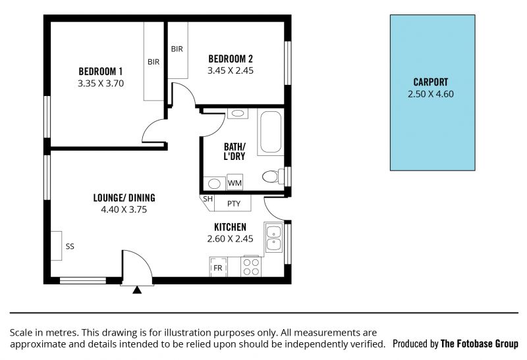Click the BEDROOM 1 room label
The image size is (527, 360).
coord(101,72)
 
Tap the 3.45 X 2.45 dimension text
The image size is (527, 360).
coord(230,70)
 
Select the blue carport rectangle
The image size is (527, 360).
coord(432,93)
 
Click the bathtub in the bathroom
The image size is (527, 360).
coord(271,132)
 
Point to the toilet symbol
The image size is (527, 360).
coord(273,176)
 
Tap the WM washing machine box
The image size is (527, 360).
coord(235,182)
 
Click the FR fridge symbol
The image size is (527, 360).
coord(218,267)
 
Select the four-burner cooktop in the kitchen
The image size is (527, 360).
coord(252,267)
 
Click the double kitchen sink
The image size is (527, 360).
coord(274,238)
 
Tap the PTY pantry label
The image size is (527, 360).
coord(234,204)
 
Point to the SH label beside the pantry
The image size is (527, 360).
coord(208,199)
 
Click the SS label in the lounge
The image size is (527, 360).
coord(70,247)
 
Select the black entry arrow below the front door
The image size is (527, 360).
coord(137,290)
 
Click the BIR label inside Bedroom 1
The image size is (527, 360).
coord(153,62)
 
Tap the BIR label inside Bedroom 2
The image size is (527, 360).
coord(177,49)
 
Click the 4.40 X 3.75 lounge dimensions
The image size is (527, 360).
coord(124,209)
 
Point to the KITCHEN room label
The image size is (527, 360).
coord(230,227)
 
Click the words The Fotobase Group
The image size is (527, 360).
coord(480,344)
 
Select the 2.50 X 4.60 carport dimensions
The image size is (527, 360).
coord(431,94)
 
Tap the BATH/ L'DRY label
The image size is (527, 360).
coord(235,151)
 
